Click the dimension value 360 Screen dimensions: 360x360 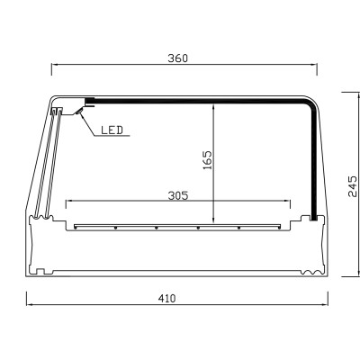click(x=177, y=58)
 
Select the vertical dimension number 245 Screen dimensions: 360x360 click(x=352, y=185)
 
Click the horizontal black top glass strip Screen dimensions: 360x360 click(x=198, y=100)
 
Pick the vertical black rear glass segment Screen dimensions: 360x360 click(x=313, y=162)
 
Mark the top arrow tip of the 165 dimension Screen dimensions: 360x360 click(x=213, y=103)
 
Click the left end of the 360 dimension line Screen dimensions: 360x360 click(x=52, y=66)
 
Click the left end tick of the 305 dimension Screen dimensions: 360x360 click(x=67, y=201)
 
